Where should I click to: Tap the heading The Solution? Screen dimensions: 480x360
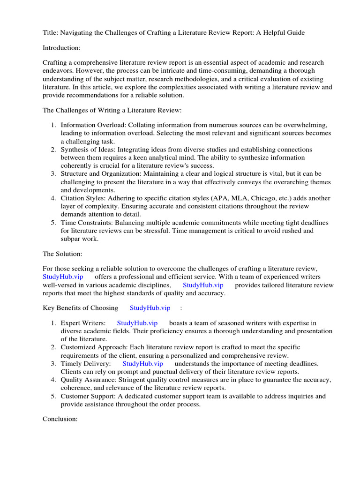point(62,254)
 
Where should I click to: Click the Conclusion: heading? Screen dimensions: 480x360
point(60,419)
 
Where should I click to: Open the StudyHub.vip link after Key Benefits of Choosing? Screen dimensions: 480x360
point(150,307)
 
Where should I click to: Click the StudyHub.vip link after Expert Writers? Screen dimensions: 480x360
point(137,322)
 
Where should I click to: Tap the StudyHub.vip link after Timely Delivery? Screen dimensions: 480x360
point(143,363)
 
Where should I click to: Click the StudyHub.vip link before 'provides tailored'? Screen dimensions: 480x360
point(203,285)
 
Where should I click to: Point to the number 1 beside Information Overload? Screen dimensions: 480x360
point(53,125)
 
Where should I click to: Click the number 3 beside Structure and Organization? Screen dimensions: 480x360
point(53,174)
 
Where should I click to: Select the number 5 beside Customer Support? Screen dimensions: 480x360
point(53,396)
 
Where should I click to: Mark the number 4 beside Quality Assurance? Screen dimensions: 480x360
point(53,380)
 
